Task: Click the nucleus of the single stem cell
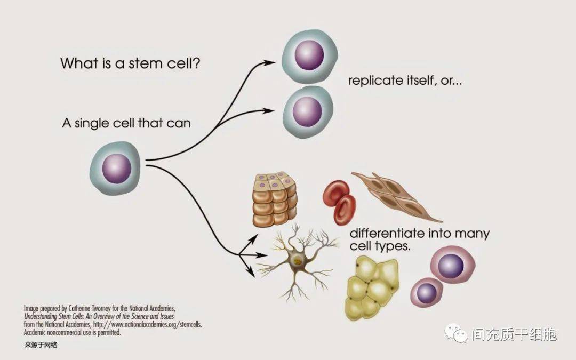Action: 116,169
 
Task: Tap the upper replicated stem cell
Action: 310,56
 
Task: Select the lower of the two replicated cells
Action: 308,112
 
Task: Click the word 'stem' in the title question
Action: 145,63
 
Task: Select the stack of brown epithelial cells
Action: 275,199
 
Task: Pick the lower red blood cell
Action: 345,210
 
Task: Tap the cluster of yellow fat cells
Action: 372,289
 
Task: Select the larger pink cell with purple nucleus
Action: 452,265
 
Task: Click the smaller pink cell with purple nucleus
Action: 427,292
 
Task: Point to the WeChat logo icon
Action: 456,333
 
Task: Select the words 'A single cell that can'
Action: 126,123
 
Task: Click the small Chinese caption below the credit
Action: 41,345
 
